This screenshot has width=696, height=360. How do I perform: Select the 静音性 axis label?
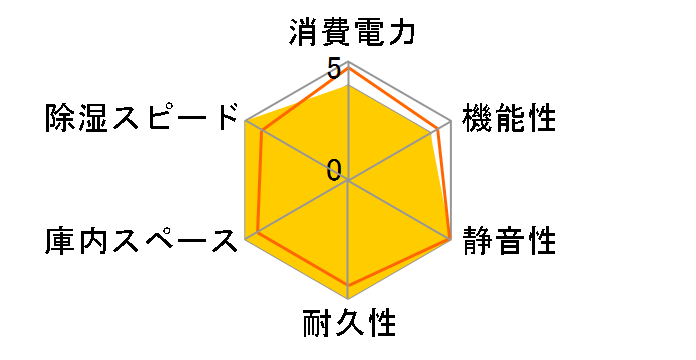click(509, 241)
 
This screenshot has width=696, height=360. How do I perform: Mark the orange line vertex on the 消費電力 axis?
click(349, 67)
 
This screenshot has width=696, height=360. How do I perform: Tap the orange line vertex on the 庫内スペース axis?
click(259, 233)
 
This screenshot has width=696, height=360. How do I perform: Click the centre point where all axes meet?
click(349, 181)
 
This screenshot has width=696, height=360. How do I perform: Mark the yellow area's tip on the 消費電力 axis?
click(349, 85)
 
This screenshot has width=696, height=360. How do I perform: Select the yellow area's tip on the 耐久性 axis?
click(349, 298)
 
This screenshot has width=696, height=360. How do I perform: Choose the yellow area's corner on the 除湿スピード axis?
click(247, 122)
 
